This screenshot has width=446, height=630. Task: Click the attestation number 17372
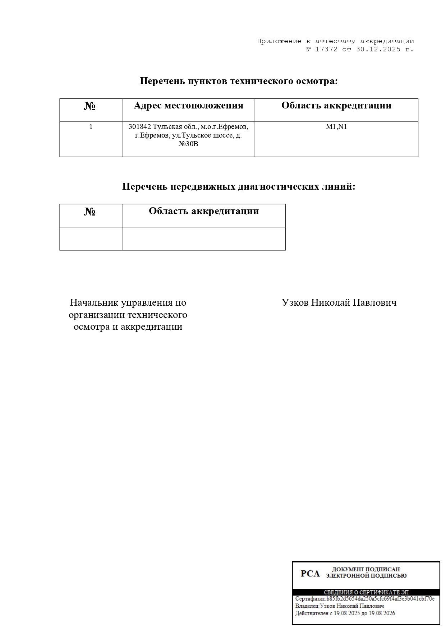326,50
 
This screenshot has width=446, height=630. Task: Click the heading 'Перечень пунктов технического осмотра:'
239,81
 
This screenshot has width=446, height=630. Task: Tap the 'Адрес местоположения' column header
188,106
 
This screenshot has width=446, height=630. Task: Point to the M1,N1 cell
336,127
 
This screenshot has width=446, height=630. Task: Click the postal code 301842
140,127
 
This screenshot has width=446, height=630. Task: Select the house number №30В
188,144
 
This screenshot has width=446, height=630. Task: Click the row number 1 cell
91,127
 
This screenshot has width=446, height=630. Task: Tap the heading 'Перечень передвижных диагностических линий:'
239,187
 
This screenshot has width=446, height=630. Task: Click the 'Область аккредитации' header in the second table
204,211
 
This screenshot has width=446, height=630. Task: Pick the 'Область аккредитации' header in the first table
336,106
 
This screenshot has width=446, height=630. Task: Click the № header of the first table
90,106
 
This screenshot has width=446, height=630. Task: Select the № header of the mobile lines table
90,212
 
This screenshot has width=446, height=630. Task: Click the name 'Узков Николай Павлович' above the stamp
339,302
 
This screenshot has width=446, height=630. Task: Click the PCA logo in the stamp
310,574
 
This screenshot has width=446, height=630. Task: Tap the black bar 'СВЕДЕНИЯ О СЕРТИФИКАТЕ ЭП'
366,592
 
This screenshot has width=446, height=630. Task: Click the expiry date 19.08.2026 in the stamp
381,613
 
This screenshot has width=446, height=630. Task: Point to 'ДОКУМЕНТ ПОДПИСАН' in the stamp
366,569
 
